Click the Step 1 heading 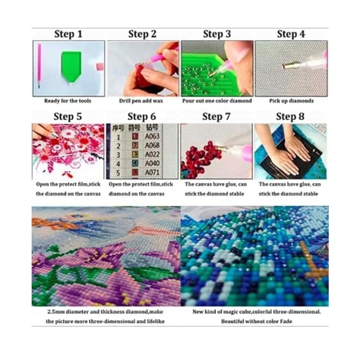pos(68,34)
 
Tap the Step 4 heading pos(291,34)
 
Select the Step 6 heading pos(142,116)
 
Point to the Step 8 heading pos(291,116)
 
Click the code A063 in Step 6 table pos(153,132)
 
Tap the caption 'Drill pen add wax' pos(142,101)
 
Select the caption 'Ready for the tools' pos(68,101)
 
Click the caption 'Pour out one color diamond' pos(217,101)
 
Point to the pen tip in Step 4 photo pos(287,65)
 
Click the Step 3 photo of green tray pos(217,68)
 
